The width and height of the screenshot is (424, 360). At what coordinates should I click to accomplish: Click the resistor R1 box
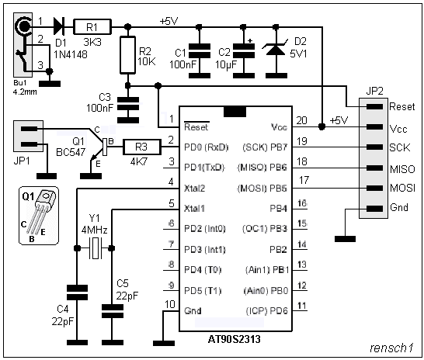pyautogui.click(x=92, y=26)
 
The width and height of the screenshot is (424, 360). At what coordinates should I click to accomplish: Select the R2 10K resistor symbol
pyautogui.click(x=127, y=55)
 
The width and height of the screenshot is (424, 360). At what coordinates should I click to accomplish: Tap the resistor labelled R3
pyautogui.click(x=142, y=147)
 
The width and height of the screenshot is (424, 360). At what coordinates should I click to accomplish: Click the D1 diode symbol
pyautogui.click(x=59, y=26)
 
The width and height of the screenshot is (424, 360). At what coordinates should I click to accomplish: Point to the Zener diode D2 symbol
pyautogui.click(x=276, y=49)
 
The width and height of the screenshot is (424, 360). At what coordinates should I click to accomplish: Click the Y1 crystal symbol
pyautogui.click(x=95, y=248)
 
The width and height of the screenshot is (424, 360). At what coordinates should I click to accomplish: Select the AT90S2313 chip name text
pyautogui.click(x=235, y=339)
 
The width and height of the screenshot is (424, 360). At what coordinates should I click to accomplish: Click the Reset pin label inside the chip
pyautogui.click(x=196, y=127)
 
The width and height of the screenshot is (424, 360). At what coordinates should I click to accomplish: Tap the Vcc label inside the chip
pyautogui.click(x=279, y=127)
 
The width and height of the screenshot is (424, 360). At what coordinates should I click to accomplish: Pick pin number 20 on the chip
pyautogui.click(x=302, y=120)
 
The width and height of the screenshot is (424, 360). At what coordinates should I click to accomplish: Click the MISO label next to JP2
pyautogui.click(x=402, y=169)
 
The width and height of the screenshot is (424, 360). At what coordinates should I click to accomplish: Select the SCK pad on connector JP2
pyautogui.click(x=375, y=147)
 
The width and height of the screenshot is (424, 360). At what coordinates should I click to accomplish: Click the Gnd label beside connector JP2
pyautogui.click(x=399, y=207)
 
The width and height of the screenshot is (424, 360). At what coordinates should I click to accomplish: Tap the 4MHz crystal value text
pyautogui.click(x=94, y=230)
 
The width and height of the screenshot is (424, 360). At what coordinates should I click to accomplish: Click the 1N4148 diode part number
pyautogui.click(x=71, y=54)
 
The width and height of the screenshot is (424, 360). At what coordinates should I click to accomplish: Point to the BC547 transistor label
pyautogui.click(x=71, y=152)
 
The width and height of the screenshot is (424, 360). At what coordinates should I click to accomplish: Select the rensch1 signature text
pyautogui.click(x=391, y=348)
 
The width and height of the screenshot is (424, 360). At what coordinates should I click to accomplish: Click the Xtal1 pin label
pyautogui.click(x=194, y=209)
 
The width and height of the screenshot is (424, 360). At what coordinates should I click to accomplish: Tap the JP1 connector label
pyautogui.click(x=22, y=161)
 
